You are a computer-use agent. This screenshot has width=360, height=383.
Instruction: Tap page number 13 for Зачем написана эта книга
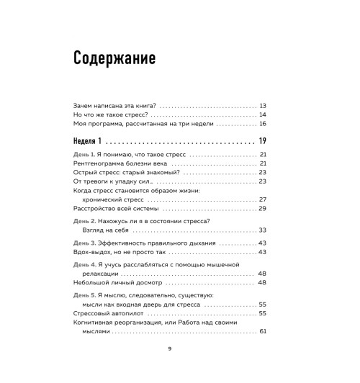click(x=263, y=104)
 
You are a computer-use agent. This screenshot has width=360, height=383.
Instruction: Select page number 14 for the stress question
click(x=263, y=114)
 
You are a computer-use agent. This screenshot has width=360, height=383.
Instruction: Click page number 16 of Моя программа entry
click(x=263, y=124)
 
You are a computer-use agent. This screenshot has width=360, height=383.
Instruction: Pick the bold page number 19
click(x=262, y=140)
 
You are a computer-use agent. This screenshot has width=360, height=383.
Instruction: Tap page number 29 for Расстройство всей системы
click(x=263, y=208)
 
